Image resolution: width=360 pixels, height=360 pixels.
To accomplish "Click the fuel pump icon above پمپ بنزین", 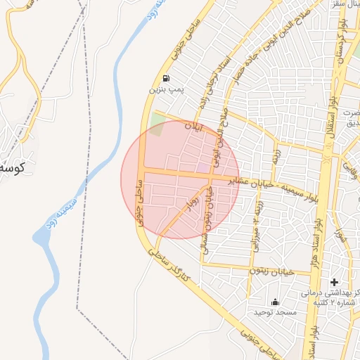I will [x=165, y=79].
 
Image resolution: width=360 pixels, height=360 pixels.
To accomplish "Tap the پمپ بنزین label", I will [x=165, y=90].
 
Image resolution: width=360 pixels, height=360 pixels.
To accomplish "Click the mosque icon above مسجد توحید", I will [x=275, y=302].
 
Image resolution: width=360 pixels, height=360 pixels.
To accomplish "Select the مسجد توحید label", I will [x=276, y=311].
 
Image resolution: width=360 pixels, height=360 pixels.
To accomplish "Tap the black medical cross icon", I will [x=334, y=282].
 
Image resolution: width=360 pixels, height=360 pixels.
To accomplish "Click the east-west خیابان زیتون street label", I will [x=280, y=271].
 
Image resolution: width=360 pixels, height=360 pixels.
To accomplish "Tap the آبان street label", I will [x=193, y=128].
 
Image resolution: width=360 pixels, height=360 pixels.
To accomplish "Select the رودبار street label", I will [x=188, y=205].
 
